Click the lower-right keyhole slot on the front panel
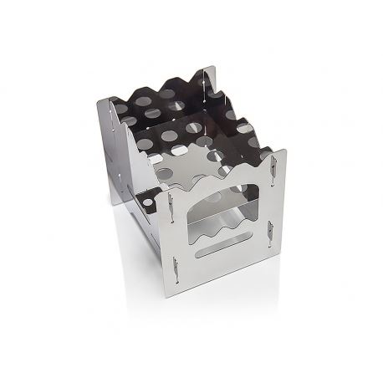point(270,233)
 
